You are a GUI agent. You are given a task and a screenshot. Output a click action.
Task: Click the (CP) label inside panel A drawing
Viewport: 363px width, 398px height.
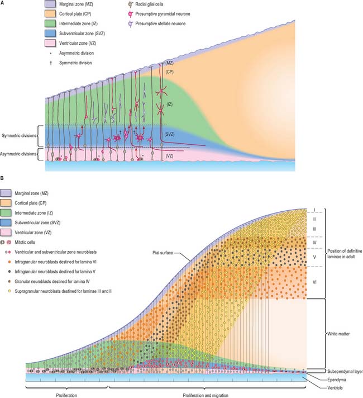(170, 87)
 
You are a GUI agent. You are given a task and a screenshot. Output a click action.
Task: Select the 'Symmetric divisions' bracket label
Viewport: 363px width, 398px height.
(18, 136)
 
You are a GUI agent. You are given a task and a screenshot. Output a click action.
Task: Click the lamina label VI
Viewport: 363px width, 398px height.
(315, 282)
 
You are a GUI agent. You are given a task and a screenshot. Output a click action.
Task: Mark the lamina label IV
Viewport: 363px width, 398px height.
(315, 244)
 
